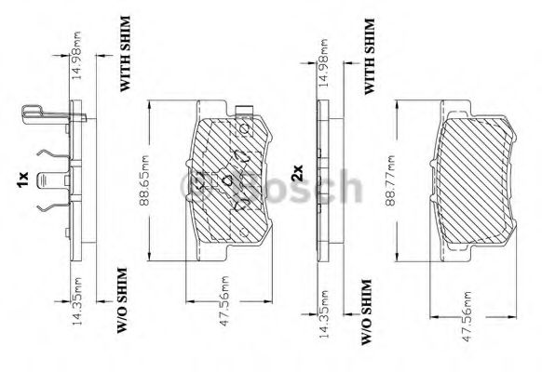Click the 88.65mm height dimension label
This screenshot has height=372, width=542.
(x=144, y=180)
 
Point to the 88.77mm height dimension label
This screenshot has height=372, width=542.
(x=390, y=180)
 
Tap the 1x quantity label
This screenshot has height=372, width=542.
(x=22, y=179)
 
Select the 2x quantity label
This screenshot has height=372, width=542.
(x=297, y=173)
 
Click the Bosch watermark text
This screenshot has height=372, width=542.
(x=272, y=186)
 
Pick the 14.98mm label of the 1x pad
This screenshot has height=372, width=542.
(x=76, y=55)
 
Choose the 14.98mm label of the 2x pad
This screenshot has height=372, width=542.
(x=322, y=63)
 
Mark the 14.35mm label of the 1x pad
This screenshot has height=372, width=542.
(x=76, y=301)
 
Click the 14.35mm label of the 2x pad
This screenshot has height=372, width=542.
(x=323, y=313)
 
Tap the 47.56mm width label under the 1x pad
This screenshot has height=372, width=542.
(x=224, y=300)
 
